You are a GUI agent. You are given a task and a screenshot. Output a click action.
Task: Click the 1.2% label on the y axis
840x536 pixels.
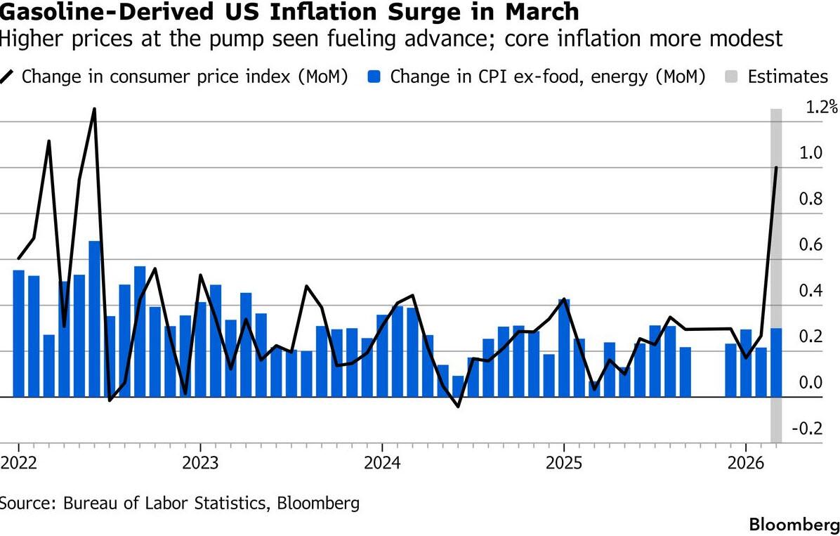821,107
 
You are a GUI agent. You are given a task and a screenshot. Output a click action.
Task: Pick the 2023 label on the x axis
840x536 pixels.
199,464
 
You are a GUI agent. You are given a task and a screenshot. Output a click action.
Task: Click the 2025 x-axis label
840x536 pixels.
563,464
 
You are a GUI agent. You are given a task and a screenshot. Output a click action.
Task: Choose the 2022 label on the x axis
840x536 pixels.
18,464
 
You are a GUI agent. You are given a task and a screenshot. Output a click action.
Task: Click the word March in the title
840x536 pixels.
545,12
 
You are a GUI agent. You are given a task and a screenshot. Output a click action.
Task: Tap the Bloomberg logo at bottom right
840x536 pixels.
794,524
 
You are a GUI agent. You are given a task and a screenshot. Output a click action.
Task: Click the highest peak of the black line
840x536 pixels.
94,109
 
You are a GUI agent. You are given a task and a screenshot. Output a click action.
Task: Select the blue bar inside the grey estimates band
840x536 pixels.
775,362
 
